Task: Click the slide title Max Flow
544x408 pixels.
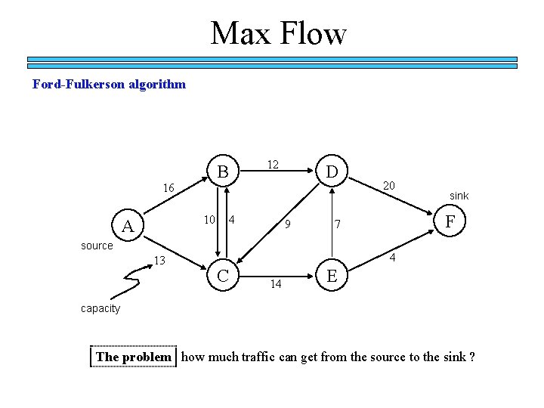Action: point(278,33)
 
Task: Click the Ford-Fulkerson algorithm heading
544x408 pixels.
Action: point(109,84)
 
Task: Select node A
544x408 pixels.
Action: point(128,227)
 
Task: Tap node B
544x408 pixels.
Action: point(223,172)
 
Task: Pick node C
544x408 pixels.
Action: point(223,277)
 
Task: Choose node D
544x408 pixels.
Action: point(331,172)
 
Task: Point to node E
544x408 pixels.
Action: point(331,277)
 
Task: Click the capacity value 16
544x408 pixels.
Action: point(168,188)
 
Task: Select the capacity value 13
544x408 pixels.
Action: point(159,261)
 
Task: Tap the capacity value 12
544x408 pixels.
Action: point(273,164)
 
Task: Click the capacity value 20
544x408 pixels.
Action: point(388,185)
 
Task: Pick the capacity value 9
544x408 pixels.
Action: point(288,224)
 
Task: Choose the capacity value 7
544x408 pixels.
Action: point(339,224)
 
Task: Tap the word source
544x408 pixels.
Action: point(97,246)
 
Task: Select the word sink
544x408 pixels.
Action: point(459,196)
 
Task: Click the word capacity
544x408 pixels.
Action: point(100,308)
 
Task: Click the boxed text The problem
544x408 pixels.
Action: point(134,357)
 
